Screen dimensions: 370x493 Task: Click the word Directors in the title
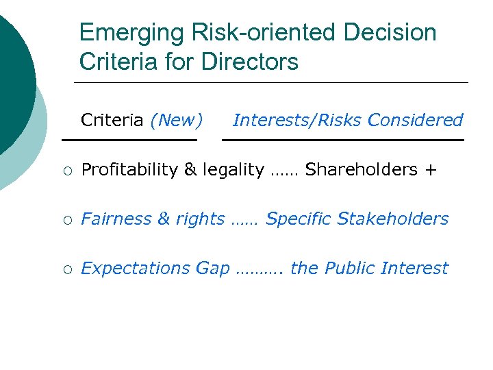250,62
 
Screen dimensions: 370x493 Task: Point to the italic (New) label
177,121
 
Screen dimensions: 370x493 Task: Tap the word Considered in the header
415,121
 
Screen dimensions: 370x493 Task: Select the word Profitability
129,170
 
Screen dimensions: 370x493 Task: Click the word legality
232,170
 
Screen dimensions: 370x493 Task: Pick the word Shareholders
362,169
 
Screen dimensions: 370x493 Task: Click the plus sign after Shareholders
430,170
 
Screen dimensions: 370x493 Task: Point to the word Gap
213,269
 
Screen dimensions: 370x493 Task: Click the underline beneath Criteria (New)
129,140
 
